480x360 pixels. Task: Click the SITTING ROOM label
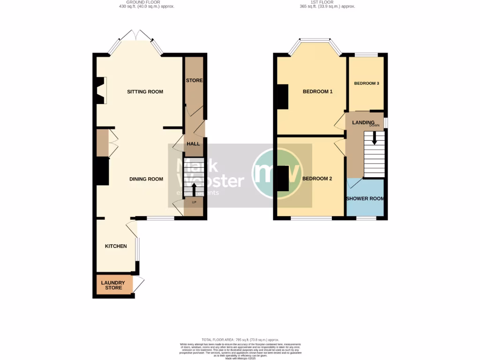pos(145,92)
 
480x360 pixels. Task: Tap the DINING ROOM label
pos(146,179)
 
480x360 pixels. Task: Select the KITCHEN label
pos(116,246)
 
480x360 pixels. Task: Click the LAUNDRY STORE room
pos(113,285)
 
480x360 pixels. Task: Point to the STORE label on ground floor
pos(194,81)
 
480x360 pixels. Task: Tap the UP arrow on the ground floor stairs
pos(194,189)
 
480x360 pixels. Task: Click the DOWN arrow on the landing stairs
pos(374,137)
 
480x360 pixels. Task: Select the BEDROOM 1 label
pos(317,92)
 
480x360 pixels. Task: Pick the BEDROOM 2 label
pos(317,179)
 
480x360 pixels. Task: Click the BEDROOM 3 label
pos(367,83)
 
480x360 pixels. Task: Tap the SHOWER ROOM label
pos(365,199)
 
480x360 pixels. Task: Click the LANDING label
pos(363,122)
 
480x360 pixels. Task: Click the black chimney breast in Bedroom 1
pos(283,97)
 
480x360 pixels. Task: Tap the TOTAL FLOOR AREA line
pos(240,339)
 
